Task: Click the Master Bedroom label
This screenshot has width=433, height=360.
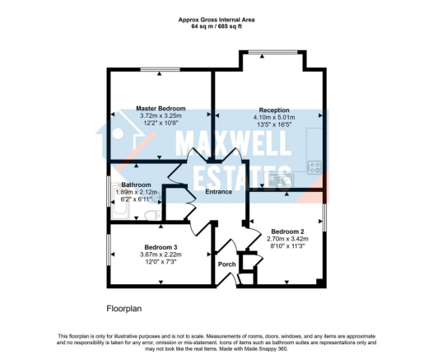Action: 161,109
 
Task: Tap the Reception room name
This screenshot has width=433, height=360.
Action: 274,110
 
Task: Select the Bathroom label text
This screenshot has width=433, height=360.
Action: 136,185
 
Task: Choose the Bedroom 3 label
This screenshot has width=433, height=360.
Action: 161,247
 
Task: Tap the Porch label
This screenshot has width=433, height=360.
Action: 226,264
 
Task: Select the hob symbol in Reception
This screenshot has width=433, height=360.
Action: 314,166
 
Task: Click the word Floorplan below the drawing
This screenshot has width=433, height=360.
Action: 123,309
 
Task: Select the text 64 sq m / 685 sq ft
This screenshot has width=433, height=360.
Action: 216,27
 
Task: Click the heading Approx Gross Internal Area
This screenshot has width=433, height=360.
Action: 216,20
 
